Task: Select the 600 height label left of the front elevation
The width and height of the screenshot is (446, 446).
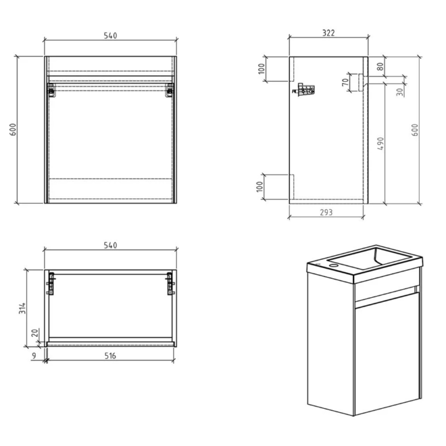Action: pyautogui.click(x=12, y=129)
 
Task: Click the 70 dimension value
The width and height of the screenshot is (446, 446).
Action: pyautogui.click(x=345, y=83)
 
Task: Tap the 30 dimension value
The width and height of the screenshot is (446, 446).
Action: pyautogui.click(x=400, y=91)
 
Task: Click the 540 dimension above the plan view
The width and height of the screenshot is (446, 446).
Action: pyautogui.click(x=110, y=245)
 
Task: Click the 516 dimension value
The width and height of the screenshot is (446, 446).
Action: pyautogui.click(x=110, y=356)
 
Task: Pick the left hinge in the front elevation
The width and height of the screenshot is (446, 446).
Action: pyautogui.click(x=51, y=89)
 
